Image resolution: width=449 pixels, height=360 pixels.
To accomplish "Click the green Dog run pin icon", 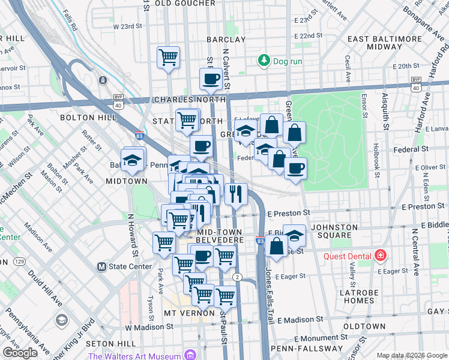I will tap(263, 61).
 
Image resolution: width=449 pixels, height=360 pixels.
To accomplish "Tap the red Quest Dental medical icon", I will tap(380, 256).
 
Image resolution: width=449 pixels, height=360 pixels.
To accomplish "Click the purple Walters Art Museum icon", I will tap(190, 356).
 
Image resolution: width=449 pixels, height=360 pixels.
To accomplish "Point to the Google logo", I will tap(20, 353).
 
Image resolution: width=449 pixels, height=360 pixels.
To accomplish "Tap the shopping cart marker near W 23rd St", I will tap(169, 58).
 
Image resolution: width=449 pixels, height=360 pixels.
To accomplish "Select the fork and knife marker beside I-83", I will tap(236, 193).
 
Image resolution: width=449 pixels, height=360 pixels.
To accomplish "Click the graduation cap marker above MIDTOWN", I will tap(133, 160).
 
